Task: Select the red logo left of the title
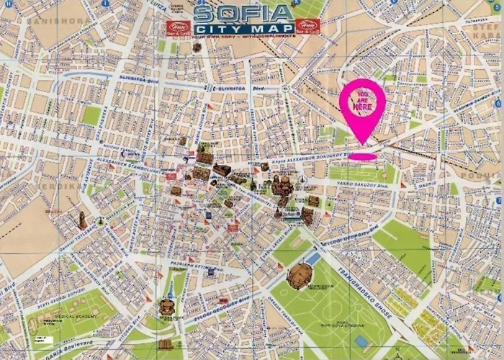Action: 176,27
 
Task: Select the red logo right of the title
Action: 307,27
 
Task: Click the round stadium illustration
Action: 300,275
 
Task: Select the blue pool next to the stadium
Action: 315,258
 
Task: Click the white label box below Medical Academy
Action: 45,338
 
